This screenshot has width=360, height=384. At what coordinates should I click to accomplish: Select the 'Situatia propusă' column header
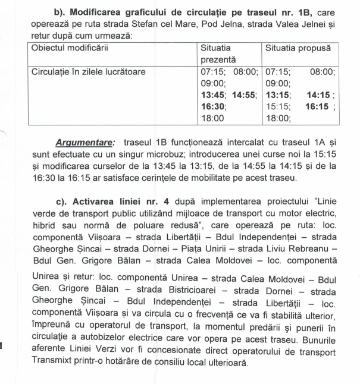pyautogui.click(x=298, y=48)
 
